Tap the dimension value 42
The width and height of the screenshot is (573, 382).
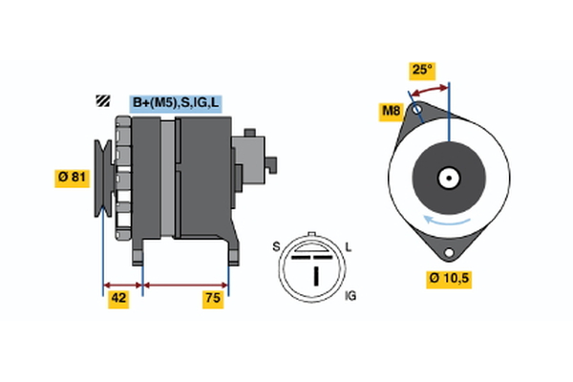118,299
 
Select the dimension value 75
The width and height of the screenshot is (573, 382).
214,299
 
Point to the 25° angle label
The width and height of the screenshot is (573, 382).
422,70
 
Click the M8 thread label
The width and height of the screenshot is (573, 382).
392,113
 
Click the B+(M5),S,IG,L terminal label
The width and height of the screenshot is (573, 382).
175,102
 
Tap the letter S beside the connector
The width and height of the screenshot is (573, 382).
276,246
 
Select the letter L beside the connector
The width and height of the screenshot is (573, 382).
349,246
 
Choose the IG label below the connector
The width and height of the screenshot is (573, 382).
350,297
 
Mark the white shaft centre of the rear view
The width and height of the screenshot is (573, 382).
448,177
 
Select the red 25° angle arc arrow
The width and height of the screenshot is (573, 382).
430,89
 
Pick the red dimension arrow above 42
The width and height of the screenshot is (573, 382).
122,284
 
